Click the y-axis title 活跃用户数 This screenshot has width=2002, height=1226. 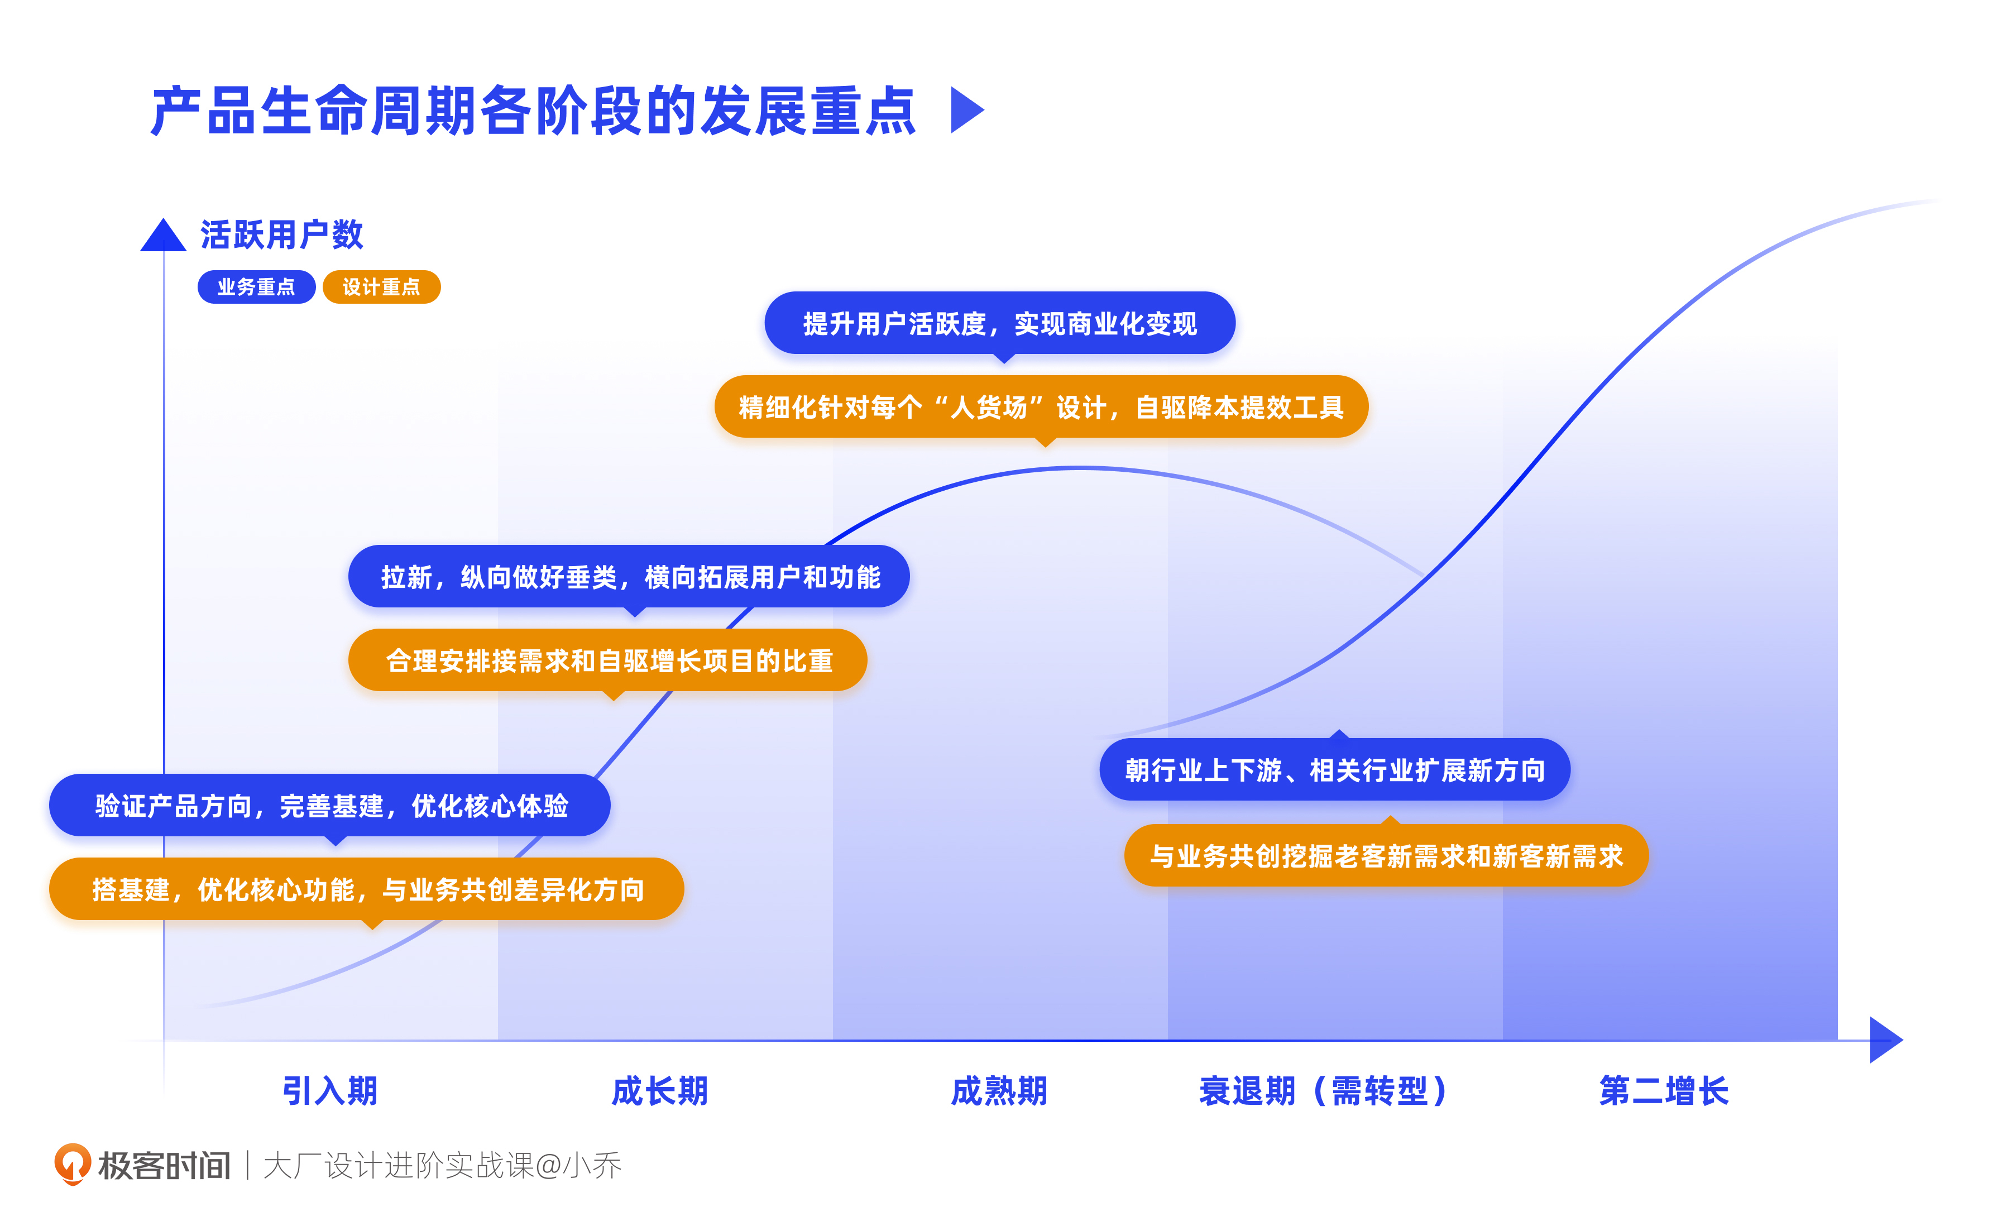coord(281,235)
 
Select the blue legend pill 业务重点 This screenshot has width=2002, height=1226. coord(256,287)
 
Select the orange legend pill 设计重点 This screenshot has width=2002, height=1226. coord(381,287)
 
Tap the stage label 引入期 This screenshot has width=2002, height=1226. coord(330,1090)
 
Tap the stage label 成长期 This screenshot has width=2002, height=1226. coord(660,1090)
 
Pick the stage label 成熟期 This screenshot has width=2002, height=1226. coord(999,1090)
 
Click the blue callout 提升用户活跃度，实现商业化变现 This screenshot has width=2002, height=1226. coord(999,323)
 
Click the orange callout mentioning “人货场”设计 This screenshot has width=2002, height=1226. coord(1041,407)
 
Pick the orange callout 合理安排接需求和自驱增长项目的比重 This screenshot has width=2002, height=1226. coord(608,660)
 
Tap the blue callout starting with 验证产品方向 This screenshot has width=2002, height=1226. coord(330,805)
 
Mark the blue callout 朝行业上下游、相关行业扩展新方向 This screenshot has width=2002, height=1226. coord(1334,769)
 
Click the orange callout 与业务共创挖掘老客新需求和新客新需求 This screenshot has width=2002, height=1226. coord(1386,855)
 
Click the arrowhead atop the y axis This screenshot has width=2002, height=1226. coord(164,236)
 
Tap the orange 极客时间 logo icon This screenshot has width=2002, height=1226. coord(73,1164)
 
